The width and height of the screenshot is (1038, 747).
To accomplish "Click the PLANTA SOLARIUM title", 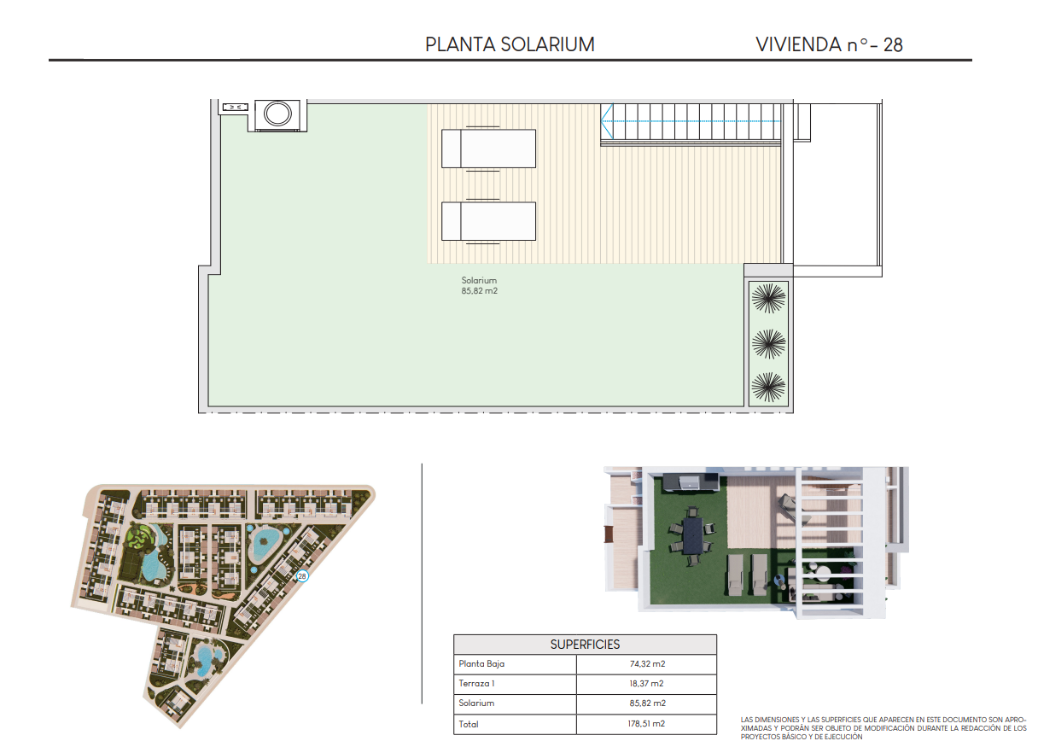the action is tap(510, 44).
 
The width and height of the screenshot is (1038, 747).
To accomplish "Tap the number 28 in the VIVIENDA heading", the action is tap(893, 45).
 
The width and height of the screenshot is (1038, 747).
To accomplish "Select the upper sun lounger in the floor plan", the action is tap(488, 149).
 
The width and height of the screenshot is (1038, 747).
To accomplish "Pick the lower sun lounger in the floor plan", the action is tap(488, 221).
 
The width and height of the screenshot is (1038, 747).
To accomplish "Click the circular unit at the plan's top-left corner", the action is tap(277, 114).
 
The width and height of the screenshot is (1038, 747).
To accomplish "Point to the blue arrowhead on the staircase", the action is tap(607, 121).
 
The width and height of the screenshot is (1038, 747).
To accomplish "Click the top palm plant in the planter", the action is tap(768, 298).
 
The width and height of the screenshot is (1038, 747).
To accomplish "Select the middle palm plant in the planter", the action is tap(768, 344).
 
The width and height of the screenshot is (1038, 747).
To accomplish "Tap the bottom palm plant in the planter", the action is tap(768, 387).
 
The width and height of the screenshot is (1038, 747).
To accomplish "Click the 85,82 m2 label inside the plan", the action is tap(479, 291).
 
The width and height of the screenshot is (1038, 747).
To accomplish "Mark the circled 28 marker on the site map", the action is tap(302, 576).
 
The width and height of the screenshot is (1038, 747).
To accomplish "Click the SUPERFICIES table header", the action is tap(585, 645).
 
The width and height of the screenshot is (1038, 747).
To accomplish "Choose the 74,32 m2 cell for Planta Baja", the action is tap(647, 664).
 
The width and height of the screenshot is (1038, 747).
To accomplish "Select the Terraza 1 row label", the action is tap(476, 684).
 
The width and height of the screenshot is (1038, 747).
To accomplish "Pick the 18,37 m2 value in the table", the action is tap(646, 684).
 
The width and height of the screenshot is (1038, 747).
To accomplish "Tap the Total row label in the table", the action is tap(469, 724).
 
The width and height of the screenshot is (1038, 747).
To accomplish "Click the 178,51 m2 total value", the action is tap(646, 724).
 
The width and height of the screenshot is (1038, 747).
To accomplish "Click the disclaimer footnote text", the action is tap(883, 728).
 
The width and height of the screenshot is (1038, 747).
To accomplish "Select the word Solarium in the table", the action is tap(476, 703).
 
